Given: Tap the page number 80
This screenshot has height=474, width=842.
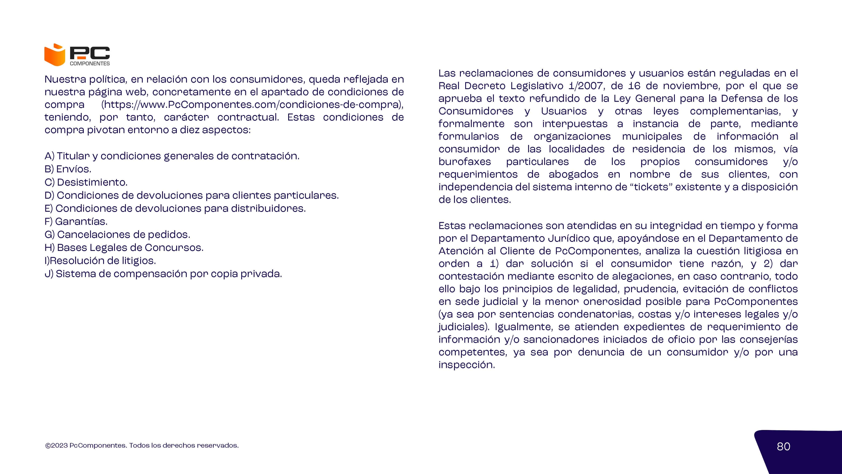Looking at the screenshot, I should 783,447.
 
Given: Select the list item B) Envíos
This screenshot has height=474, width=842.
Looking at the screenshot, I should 68,169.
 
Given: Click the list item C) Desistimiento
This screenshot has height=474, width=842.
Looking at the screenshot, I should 86,182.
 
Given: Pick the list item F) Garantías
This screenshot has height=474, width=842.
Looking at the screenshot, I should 76,221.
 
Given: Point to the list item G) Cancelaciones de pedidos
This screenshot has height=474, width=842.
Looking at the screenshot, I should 117,234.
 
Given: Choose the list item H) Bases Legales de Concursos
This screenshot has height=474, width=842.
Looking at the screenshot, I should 124,248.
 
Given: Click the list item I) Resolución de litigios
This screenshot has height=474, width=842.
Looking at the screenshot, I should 100,261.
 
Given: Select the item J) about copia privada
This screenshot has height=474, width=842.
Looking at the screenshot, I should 163,274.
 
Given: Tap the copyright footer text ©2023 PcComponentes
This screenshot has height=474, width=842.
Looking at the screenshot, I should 142,446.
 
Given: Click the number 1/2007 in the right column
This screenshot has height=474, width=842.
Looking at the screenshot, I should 587,86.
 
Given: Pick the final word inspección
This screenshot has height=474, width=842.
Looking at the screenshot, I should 466,365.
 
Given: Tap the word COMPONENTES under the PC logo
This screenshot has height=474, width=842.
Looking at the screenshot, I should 90,63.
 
